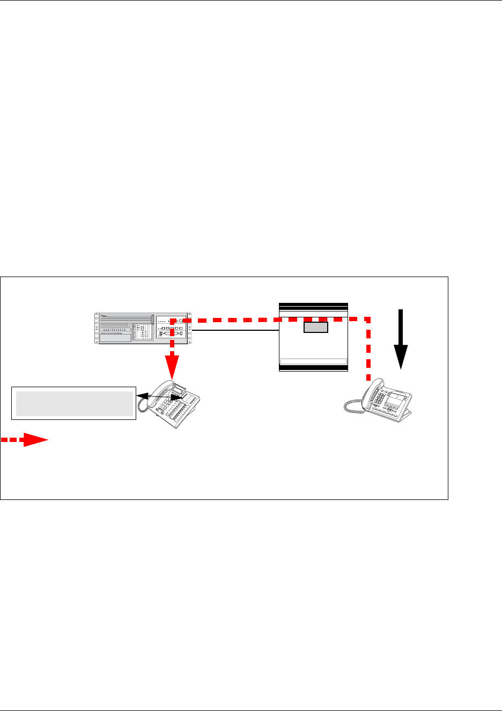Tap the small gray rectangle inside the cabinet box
pos(315,327)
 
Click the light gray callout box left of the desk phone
pos(74,403)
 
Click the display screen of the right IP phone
pos(396,398)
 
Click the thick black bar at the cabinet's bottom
pos(314,368)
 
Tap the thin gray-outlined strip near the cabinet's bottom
pos(314,361)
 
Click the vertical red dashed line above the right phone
pos(368,349)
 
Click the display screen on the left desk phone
pos(179,388)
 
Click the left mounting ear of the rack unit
pos(96,328)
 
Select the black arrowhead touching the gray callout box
pos(141,395)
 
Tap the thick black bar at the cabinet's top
pos(314,305)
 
